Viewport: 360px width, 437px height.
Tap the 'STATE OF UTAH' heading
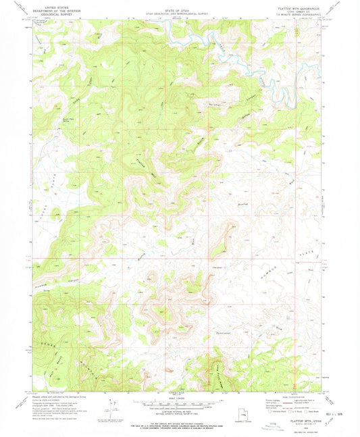[179, 5]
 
